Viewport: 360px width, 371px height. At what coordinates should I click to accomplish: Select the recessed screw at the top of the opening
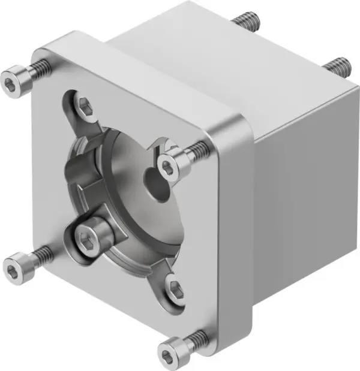point(85,108)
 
